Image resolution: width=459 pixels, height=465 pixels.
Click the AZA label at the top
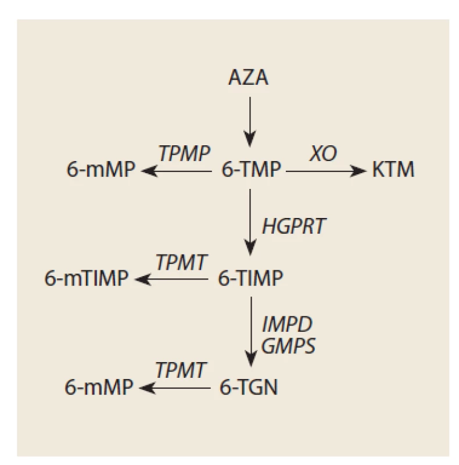248,77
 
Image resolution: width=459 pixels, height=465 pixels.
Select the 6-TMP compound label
251,169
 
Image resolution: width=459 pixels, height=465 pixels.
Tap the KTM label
393,169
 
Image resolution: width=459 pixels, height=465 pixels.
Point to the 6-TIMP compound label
250,278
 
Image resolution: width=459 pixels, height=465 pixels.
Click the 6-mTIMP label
87,278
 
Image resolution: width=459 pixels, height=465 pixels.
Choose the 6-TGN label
249,387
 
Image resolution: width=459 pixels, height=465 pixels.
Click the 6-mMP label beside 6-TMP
101,169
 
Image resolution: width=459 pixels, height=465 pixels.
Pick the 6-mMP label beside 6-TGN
99,387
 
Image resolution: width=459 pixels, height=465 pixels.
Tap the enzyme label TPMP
184,153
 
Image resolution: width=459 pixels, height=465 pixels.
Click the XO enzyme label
323,153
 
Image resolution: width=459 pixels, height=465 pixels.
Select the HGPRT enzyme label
294,226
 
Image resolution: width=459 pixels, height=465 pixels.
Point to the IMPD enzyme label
287,324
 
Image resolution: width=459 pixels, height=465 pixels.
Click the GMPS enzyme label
288,345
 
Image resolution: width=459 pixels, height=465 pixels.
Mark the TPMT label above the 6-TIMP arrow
181,262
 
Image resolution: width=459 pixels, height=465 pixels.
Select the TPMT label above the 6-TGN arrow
180,370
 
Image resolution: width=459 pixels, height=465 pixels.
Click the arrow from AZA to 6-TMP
250,122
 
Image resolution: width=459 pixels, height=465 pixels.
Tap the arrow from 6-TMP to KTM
326,171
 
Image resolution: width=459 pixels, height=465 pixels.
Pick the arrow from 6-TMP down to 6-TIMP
250,223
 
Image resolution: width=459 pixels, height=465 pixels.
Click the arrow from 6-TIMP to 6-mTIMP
171,280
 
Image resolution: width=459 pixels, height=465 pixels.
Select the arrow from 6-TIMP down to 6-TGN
251,332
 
